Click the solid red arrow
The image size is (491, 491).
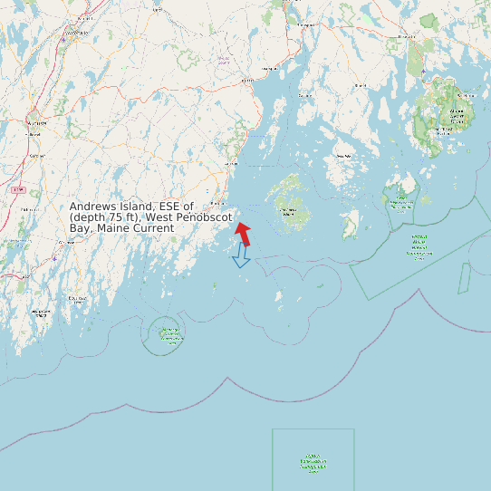(244, 233)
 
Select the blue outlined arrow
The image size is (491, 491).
(241, 256)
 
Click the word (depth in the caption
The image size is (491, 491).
(88, 217)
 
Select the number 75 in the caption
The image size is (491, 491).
(120, 217)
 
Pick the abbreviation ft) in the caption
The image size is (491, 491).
(138, 217)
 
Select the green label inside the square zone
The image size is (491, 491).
(313, 463)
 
